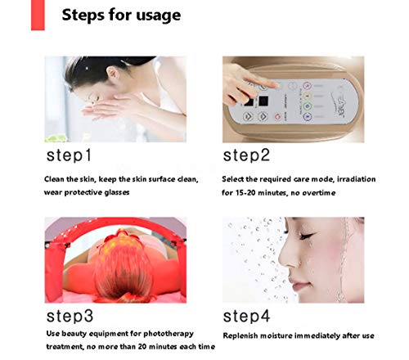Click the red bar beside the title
point(38,15)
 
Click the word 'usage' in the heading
point(158,16)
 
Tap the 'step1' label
point(69,155)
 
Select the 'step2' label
point(246,155)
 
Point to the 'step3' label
point(70,317)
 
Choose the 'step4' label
point(246,317)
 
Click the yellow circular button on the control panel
point(308,97)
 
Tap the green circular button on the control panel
point(308,106)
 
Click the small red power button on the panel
point(277,117)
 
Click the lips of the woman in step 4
point(298,284)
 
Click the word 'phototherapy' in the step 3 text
point(169,334)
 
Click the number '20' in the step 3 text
point(142,347)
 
